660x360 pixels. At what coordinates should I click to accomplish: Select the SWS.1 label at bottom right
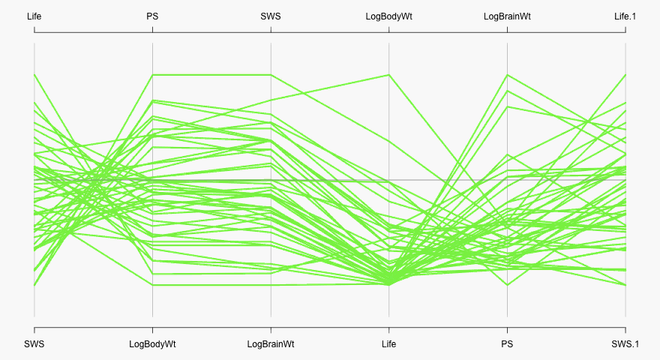625,344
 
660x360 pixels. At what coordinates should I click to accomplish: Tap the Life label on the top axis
34,16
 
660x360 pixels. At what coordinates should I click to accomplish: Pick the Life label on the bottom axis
388,344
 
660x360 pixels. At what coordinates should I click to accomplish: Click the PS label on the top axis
152,16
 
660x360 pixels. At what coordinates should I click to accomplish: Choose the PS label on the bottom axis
507,344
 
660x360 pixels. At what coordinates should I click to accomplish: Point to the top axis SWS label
271,16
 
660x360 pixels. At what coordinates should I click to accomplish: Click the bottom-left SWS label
34,344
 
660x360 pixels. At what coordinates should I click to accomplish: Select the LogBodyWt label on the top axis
388,16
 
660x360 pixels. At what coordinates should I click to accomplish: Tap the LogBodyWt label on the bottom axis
152,344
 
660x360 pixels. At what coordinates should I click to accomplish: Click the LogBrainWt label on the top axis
507,16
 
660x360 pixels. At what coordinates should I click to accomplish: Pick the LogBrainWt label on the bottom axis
271,344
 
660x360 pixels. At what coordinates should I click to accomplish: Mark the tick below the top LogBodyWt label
388,29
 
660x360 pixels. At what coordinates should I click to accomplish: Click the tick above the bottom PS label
507,331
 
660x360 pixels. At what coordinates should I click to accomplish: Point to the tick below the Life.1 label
625,29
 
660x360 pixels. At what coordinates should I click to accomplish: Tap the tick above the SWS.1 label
625,331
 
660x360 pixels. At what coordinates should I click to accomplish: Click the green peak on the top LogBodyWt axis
388,75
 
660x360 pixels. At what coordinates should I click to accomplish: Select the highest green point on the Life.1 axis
625,75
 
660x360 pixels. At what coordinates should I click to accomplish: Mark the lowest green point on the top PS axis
152,285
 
